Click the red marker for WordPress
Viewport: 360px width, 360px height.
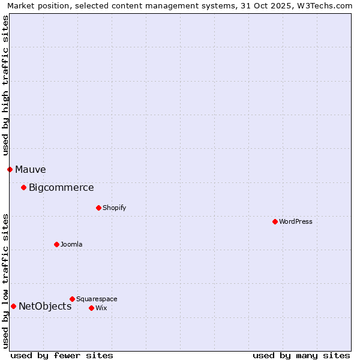coord(275,221)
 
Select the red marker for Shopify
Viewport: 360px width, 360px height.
coord(98,208)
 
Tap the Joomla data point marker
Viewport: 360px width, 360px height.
coord(56,244)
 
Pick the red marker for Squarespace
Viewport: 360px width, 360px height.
coord(72,299)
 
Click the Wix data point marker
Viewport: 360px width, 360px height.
coord(91,308)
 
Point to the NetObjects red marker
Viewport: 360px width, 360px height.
coord(13,306)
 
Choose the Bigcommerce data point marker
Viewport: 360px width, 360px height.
coord(23,187)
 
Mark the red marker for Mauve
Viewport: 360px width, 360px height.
coord(10,169)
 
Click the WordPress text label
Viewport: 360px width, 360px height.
coord(296,221)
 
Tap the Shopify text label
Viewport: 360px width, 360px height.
coord(114,208)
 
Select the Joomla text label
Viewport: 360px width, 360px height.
coord(71,244)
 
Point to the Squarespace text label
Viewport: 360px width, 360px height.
coord(97,299)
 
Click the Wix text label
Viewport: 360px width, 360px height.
coord(101,308)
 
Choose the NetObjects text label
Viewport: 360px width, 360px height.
coord(45,306)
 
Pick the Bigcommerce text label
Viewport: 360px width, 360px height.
coord(61,187)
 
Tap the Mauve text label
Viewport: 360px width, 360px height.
coord(30,169)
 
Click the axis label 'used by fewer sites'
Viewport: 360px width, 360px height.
coord(62,355)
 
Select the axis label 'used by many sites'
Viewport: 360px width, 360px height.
coord(301,355)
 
